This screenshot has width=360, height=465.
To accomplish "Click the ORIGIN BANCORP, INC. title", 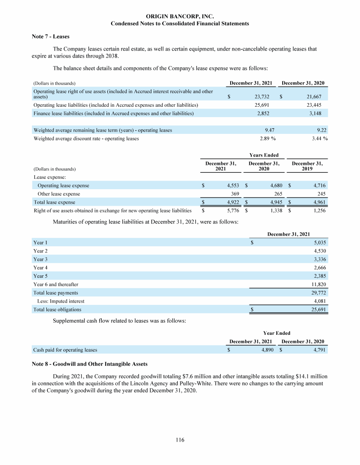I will tap(180, 16).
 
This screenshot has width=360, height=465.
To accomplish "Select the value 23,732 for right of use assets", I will tap(261, 96).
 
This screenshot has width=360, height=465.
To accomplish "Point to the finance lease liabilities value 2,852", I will tap(262, 113).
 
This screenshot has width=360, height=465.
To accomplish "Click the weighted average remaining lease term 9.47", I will tap(264, 130).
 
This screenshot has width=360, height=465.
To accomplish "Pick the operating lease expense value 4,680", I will tap(274, 185).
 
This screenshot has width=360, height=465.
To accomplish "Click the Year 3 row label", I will tap(40, 259).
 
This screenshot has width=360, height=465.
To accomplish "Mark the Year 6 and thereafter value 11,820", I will tap(318, 284).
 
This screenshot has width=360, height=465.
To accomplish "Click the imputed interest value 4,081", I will tap(319, 301).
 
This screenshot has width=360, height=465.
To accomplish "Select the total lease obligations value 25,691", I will tap(318, 310).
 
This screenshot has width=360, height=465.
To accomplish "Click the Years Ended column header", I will tap(264, 155).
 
